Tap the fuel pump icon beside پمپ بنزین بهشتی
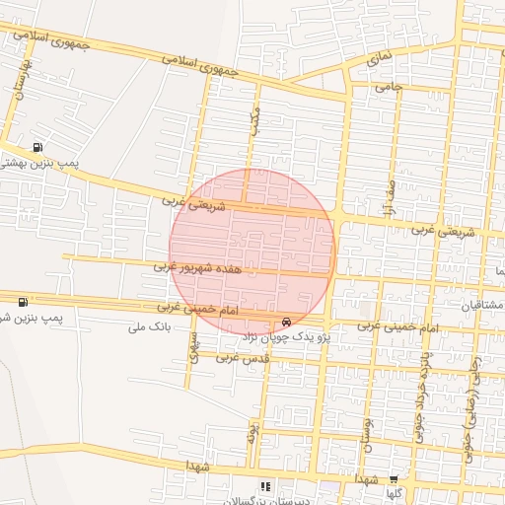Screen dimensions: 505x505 tap(37, 147)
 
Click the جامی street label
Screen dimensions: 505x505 tap(386, 87)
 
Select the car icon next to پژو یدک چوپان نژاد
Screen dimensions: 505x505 tap(286, 322)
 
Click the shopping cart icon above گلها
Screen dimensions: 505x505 tap(394, 477)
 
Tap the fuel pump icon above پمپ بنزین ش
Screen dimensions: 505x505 tap(22, 301)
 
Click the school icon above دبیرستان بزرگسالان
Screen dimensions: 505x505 tap(264, 485)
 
